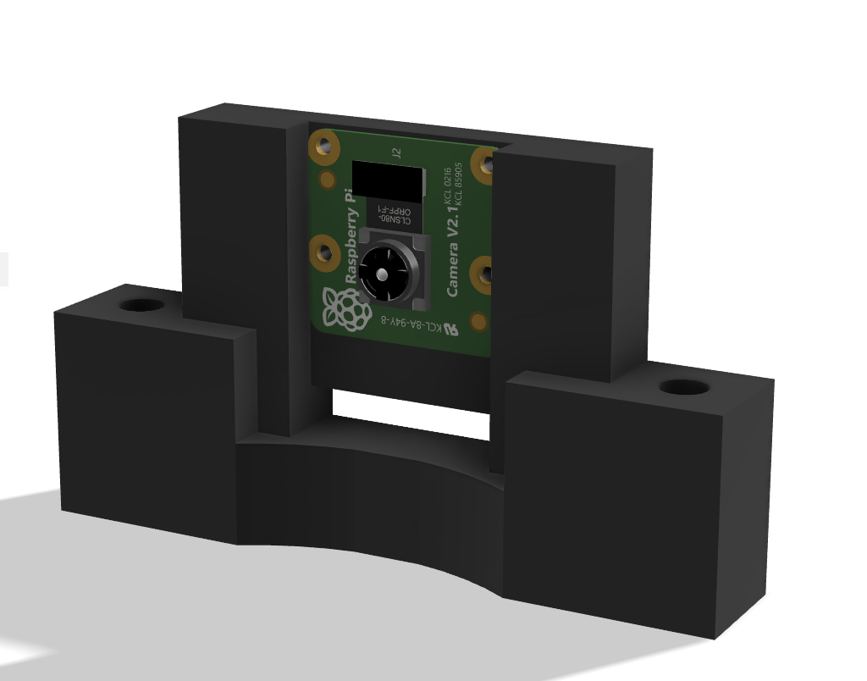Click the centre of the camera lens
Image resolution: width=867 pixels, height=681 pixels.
pos(384,274)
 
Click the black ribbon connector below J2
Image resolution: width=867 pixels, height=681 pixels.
pos(388,178)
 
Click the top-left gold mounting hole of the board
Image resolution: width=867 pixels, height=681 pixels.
pos(322,148)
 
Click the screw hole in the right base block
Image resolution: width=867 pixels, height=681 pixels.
pos(683,387)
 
